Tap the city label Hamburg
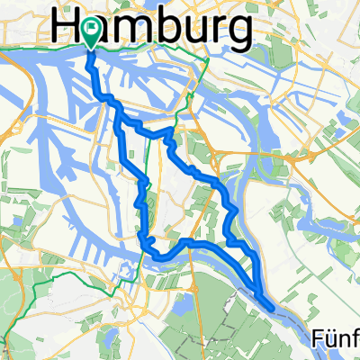pos(153,28)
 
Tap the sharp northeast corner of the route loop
pos(169,130)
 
